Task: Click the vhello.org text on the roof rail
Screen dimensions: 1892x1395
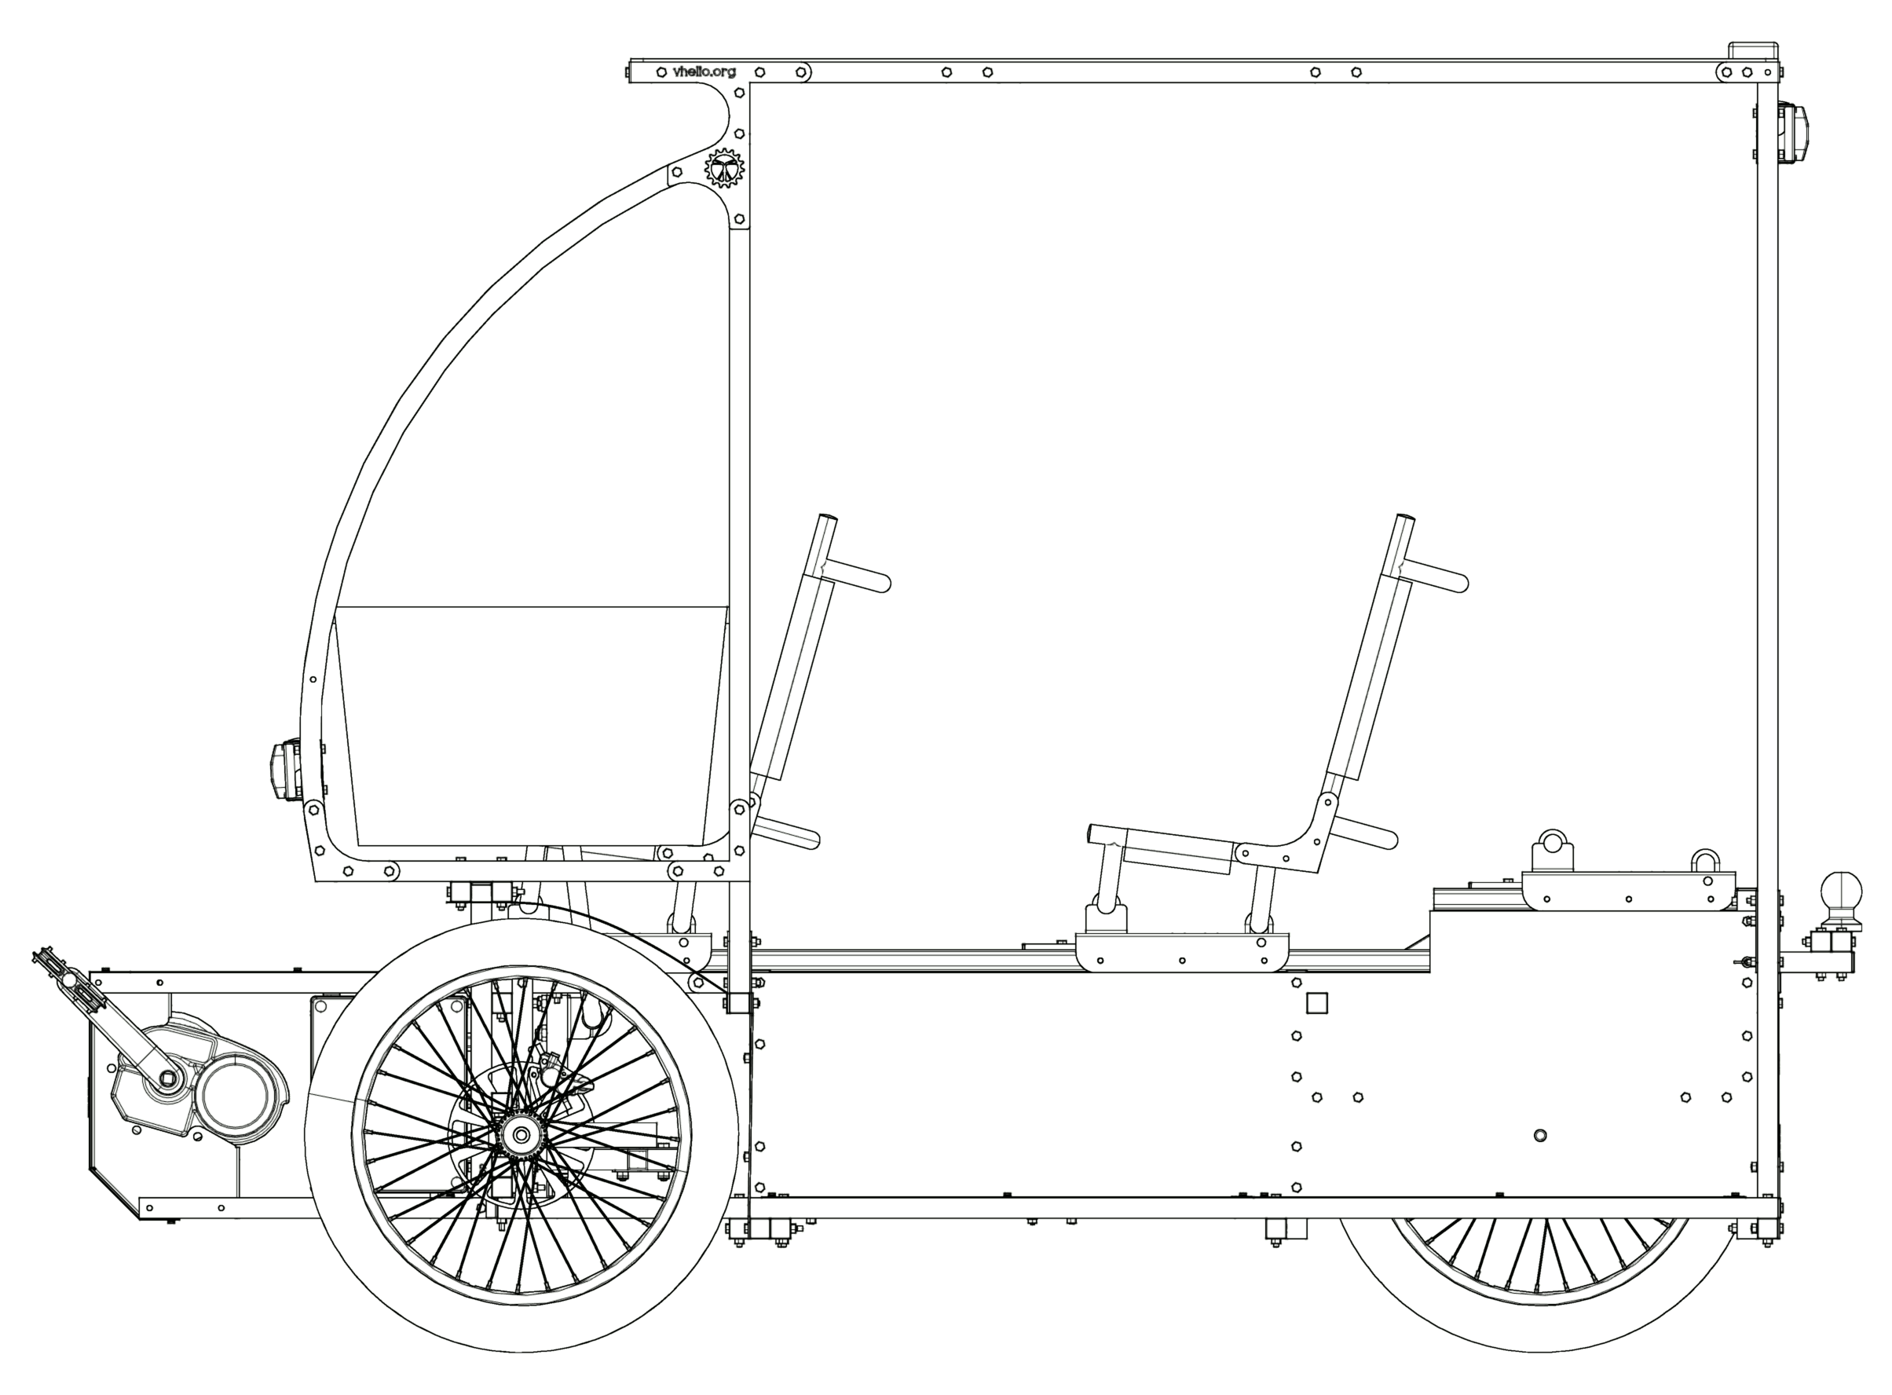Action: coord(704,71)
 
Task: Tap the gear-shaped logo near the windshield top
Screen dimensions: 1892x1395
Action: coord(723,168)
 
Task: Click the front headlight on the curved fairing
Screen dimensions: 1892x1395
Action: coord(284,769)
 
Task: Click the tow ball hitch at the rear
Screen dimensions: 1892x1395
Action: coord(1840,900)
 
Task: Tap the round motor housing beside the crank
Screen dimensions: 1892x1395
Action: coord(237,1095)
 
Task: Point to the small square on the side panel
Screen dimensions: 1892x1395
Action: coord(1316,1002)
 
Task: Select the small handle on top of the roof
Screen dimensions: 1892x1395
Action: coord(1753,49)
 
